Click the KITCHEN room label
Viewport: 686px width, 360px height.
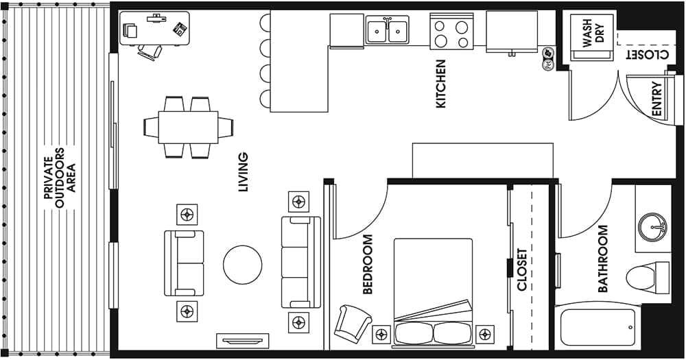[x=440, y=84]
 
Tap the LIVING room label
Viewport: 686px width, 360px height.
[x=243, y=171]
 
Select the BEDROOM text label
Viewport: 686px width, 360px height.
[x=367, y=265]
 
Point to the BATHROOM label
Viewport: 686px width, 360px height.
[x=603, y=259]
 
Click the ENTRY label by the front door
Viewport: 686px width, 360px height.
[x=657, y=99]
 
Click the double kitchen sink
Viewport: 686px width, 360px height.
[x=388, y=31]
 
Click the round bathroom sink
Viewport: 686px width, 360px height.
[x=652, y=224]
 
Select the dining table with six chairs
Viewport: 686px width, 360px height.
[x=188, y=127]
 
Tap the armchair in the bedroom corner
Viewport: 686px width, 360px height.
[x=353, y=320]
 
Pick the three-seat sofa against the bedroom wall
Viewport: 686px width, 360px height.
[x=301, y=262]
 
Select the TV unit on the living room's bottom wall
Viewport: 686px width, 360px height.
[x=242, y=339]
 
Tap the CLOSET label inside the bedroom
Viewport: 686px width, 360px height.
[x=522, y=269]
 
